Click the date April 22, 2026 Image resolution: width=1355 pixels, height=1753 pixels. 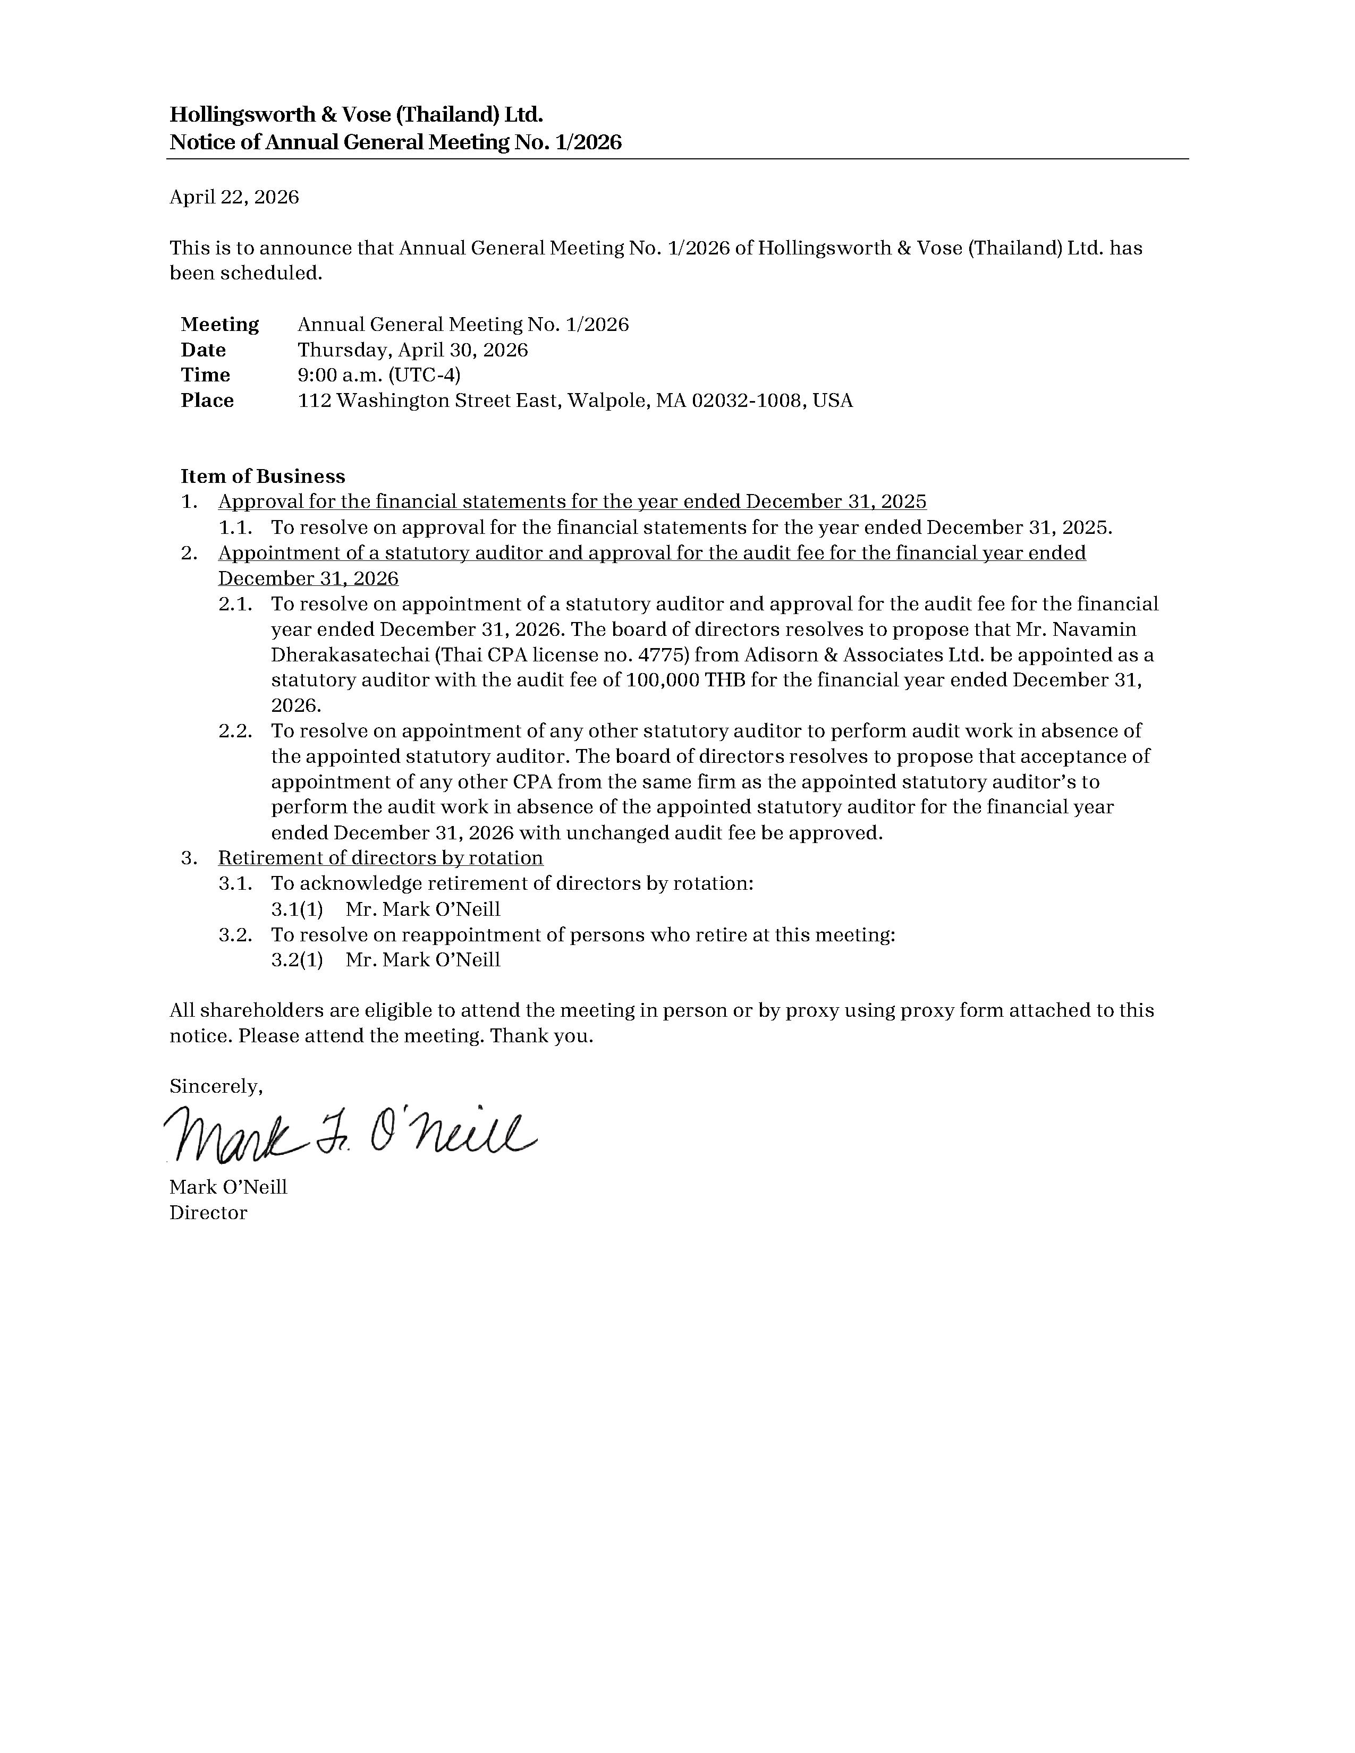pos(234,198)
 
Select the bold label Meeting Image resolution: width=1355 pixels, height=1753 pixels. pos(220,324)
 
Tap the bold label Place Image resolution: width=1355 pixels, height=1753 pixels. pos(207,401)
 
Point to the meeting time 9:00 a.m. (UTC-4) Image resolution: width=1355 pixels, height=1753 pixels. pos(379,375)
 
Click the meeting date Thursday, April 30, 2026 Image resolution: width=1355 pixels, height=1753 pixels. pos(412,350)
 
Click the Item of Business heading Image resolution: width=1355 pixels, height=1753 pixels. pos(262,476)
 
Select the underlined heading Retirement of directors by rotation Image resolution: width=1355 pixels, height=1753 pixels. pos(380,858)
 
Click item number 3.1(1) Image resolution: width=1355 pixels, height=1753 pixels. pos(297,909)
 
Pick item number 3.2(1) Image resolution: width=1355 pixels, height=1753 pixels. pos(297,960)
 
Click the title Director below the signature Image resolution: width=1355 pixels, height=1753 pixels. pos(208,1213)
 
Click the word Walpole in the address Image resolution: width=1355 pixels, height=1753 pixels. pos(608,401)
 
